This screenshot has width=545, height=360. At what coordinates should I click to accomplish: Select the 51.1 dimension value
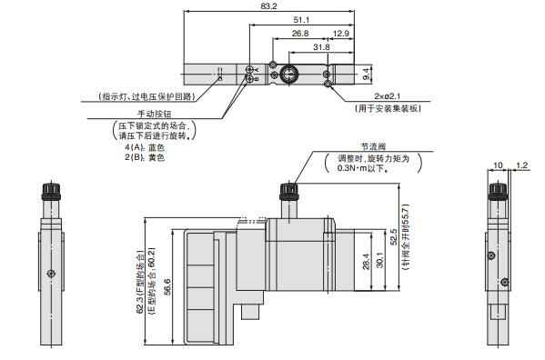pyautogui.click(x=299, y=18)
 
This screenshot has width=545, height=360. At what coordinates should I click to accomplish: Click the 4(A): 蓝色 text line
pyautogui.click(x=145, y=147)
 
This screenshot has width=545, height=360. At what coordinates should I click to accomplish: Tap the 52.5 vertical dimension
pyautogui.click(x=393, y=239)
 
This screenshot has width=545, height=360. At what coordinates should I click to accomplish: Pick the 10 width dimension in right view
pyautogui.click(x=497, y=165)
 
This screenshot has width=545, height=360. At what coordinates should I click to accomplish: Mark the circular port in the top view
pyautogui.click(x=288, y=71)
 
